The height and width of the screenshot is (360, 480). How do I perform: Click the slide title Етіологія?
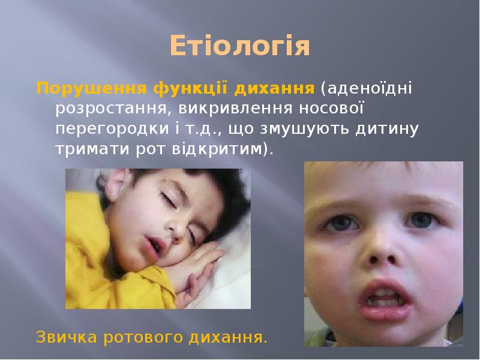coord(239,46)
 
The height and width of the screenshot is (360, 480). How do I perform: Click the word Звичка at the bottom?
coord(67,336)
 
